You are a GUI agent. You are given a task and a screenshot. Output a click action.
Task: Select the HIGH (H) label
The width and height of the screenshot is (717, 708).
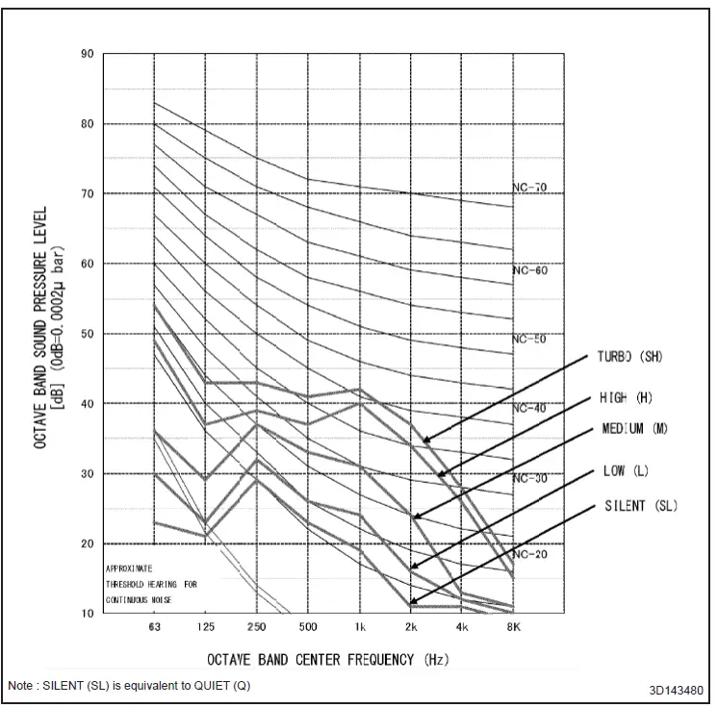(x=626, y=398)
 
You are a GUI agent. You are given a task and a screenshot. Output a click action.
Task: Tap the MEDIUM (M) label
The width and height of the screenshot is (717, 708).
(x=634, y=428)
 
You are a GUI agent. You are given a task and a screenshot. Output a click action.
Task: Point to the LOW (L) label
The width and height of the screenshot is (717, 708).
(x=627, y=470)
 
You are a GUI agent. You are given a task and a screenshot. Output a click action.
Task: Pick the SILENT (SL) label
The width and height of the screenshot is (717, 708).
(x=640, y=506)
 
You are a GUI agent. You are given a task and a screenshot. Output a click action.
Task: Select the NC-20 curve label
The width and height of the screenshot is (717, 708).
(x=529, y=555)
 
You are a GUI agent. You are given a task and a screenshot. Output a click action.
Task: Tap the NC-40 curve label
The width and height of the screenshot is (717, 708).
(x=529, y=409)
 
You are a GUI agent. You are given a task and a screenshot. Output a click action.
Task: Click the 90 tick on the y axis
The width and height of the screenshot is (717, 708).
(x=89, y=54)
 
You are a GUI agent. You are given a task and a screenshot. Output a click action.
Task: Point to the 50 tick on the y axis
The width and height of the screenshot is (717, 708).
(x=89, y=334)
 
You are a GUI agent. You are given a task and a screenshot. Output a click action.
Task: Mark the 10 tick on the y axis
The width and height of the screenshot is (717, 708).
(x=89, y=614)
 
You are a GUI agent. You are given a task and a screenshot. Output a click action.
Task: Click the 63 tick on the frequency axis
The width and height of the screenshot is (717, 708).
(x=154, y=627)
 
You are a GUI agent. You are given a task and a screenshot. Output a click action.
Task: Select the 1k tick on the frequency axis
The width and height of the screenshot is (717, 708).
(x=360, y=627)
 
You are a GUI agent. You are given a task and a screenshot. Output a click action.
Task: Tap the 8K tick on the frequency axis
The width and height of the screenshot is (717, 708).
(x=514, y=627)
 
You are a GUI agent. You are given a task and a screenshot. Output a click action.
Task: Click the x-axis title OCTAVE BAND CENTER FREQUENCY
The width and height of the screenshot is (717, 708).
(x=326, y=659)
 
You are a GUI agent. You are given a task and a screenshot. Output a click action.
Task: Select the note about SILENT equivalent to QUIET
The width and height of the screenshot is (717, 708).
(x=129, y=686)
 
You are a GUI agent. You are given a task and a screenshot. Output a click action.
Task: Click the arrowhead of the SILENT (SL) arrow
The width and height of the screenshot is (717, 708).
(x=412, y=603)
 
